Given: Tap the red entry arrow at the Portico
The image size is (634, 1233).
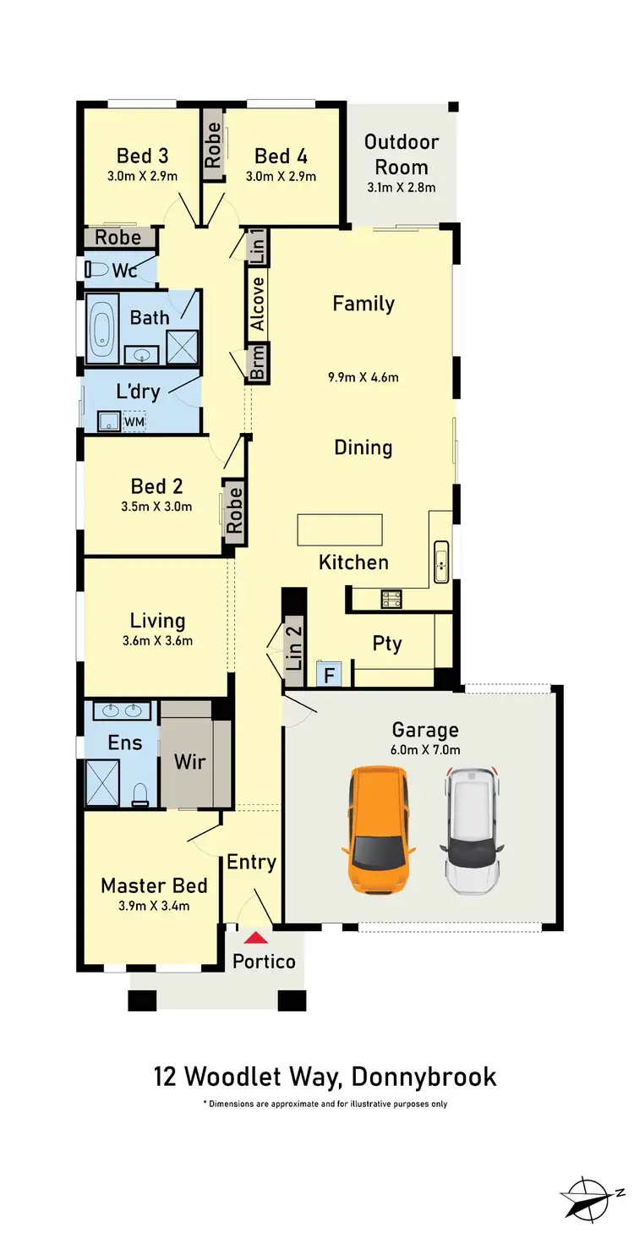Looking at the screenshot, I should tap(254, 937).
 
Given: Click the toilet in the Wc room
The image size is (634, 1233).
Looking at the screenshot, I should tap(100, 270).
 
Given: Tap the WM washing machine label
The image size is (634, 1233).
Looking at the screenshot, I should tap(134, 420).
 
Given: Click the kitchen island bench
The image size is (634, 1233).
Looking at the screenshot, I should tap(339, 530).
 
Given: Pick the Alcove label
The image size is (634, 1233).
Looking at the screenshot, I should tap(258, 303).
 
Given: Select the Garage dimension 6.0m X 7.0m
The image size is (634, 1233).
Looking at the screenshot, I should tap(425, 749).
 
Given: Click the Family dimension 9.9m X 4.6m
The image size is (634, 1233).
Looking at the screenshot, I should tap(364, 377).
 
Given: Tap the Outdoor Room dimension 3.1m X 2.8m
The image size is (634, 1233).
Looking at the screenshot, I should tap(402, 187).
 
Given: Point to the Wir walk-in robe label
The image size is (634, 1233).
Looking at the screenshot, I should tap(189, 761).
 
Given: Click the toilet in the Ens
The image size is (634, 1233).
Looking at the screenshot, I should tap(140, 792).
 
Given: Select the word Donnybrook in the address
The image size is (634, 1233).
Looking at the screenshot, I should tap(424, 1077).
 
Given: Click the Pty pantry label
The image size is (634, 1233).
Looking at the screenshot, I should tap(387, 644).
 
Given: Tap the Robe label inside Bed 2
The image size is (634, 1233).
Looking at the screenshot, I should tap(235, 509).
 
